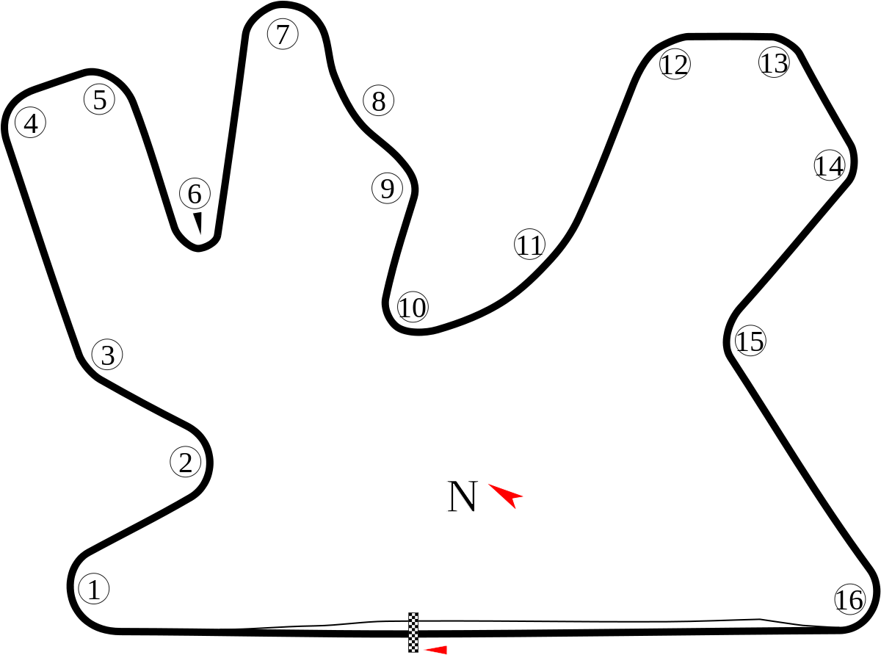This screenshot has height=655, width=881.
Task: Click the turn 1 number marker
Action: (93, 589)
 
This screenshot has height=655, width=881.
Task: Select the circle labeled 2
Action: (185, 463)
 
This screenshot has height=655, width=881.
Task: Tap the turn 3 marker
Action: (107, 355)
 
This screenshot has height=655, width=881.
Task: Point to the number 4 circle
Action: (30, 123)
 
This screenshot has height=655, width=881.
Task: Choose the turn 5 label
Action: (100, 99)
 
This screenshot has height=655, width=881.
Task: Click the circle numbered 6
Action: (195, 194)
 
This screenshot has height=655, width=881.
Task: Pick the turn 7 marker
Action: (283, 34)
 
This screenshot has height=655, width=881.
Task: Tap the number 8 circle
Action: (378, 101)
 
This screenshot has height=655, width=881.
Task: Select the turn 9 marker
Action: (387, 189)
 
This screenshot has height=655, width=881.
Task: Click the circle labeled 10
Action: (413, 308)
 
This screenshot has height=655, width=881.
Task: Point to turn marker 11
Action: (529, 245)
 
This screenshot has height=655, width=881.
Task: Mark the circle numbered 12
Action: (675, 65)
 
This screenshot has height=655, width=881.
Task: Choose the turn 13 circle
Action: (774, 62)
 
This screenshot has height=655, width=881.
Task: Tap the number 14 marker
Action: (830, 166)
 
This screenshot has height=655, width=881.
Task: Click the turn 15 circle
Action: (750, 341)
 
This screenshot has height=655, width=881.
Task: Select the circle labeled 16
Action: (849, 600)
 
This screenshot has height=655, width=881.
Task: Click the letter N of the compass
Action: (463, 496)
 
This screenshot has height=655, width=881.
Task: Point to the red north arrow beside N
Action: (507, 495)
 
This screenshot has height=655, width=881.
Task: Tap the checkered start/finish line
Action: (413, 632)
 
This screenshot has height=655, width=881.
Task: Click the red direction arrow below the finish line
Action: (437, 650)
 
